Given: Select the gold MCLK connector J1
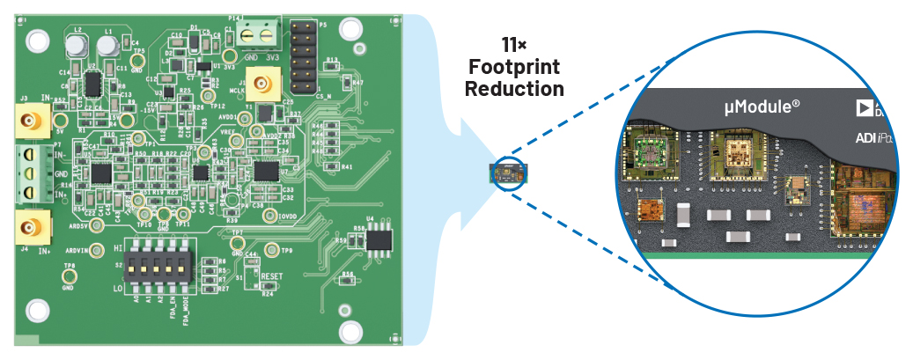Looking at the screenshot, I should pos(261,85).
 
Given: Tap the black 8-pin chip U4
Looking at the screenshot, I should pos(380,239).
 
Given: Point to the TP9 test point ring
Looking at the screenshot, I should pos(273,252).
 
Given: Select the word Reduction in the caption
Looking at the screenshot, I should pos(515,88).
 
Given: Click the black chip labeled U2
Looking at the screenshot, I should pos(92,83).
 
